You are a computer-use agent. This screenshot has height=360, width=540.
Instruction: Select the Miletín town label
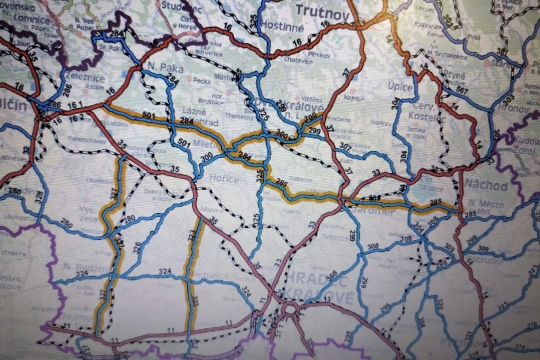pos(205,144)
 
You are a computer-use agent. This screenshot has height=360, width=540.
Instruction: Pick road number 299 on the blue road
pos(315,131)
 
